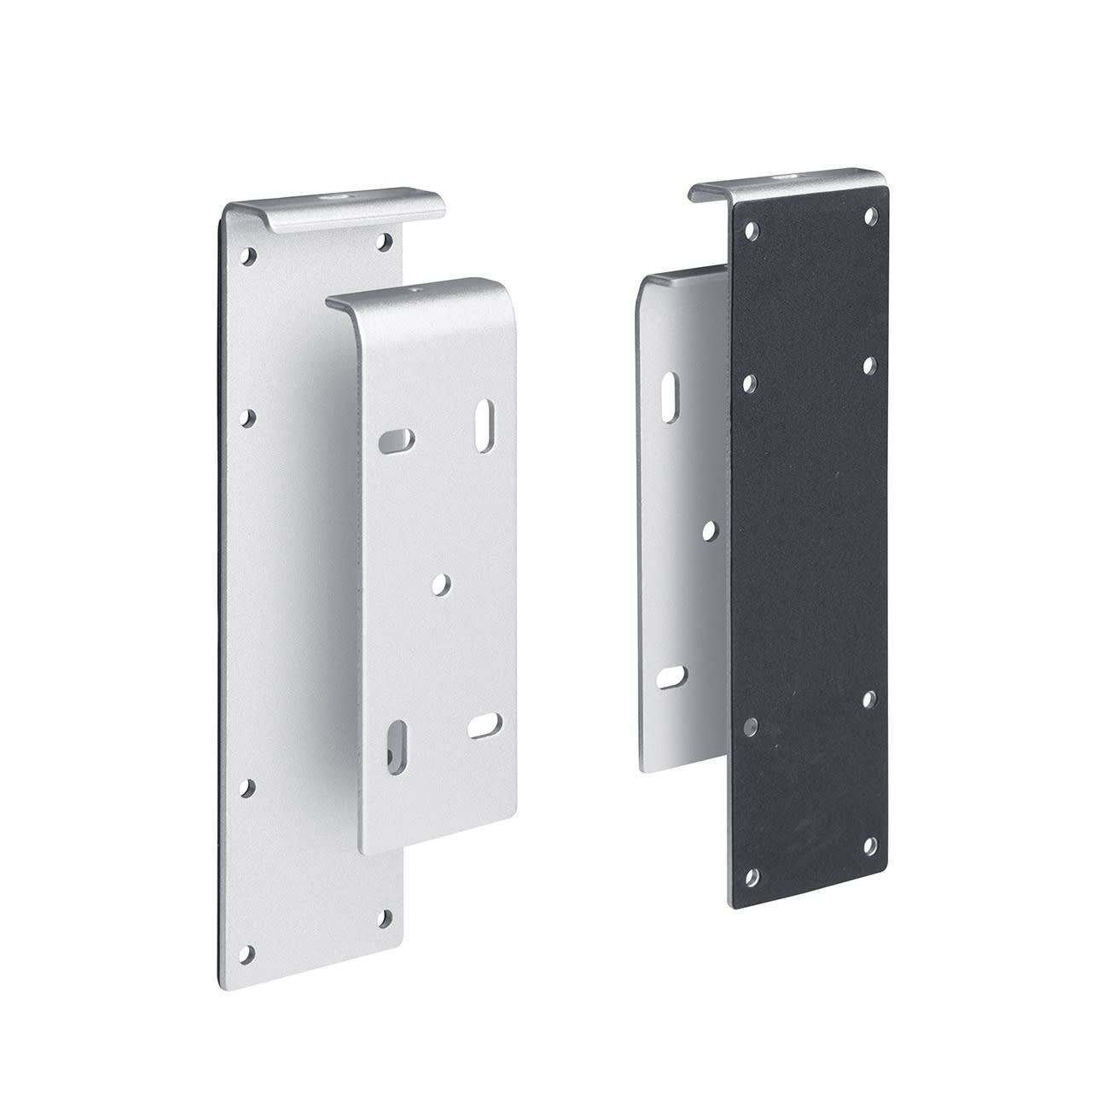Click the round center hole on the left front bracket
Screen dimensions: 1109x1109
441,584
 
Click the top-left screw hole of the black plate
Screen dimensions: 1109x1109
752,229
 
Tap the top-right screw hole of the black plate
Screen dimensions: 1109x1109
869,217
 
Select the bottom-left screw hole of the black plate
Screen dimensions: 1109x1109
752,875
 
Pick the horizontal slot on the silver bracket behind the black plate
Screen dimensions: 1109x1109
670,676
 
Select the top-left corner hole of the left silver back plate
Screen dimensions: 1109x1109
249,254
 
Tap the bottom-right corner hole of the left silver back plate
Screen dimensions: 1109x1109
385,919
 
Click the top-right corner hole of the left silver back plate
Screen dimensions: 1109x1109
386,241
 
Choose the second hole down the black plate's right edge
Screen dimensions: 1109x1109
869,365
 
